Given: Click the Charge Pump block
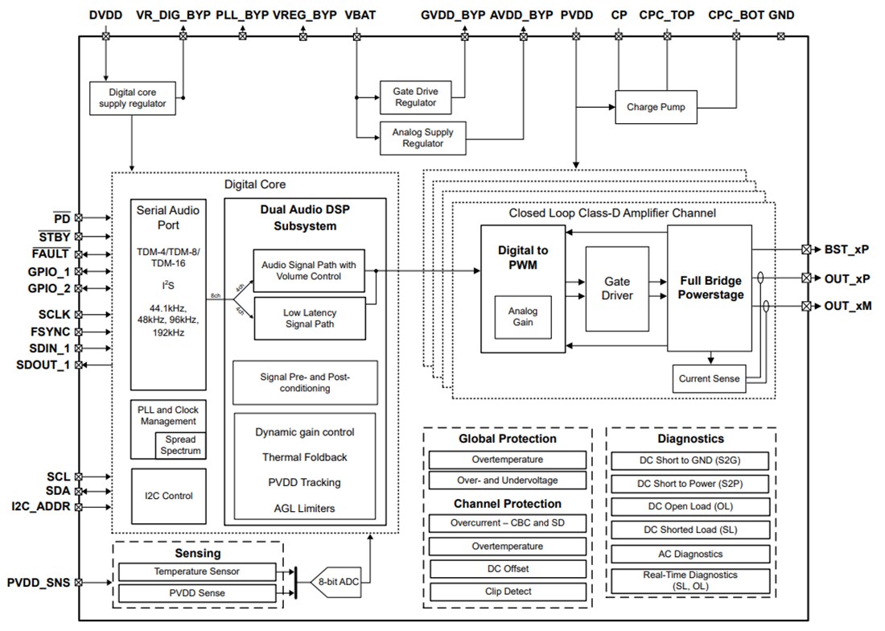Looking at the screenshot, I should tap(656, 107).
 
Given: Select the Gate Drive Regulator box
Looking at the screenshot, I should tap(415, 97).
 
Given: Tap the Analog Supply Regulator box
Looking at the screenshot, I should tap(422, 138).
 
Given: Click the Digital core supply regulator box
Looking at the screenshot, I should tap(132, 97).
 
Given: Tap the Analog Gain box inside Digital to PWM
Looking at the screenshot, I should tap(522, 316).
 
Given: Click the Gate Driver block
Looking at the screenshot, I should tap(616, 289).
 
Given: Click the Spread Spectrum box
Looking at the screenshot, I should tap(180, 445).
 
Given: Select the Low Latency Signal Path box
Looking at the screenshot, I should tap(309, 318).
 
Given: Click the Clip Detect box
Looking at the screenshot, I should tap(507, 592).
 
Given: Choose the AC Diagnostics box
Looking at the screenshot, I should tap(690, 554).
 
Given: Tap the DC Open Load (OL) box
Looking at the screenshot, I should tap(690, 506).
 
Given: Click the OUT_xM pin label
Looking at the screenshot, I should tap(846, 306).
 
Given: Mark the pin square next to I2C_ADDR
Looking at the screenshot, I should tap(79, 507).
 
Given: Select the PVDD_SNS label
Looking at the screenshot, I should tap(39, 582).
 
